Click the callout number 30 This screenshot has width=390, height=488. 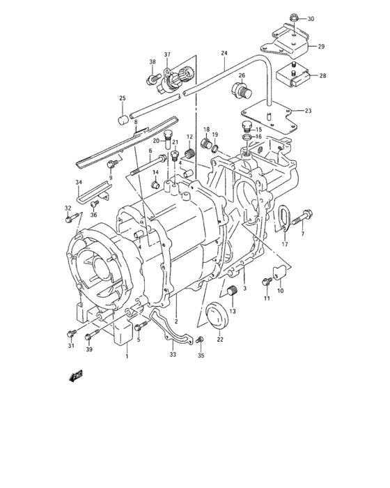311,18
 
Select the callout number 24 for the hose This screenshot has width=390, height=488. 224,53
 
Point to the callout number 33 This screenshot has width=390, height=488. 173,354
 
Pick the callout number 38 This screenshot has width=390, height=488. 152,62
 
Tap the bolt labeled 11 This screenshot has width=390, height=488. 267,282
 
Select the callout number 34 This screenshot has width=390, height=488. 79,183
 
